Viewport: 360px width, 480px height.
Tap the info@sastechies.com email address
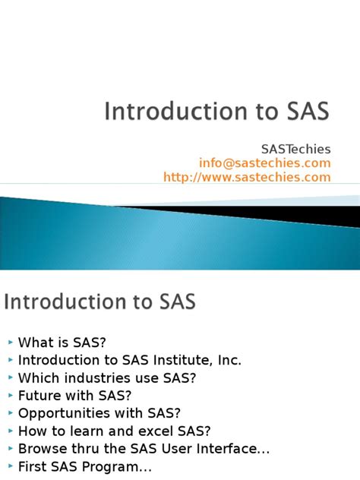click(265, 163)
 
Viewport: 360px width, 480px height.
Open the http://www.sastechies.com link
click(247, 177)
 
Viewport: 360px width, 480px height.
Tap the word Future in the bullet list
click(37, 396)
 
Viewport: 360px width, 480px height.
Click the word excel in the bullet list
click(149, 431)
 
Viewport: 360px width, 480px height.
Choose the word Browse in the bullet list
click(39, 448)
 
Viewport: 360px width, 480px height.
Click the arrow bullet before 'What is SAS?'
click(9, 343)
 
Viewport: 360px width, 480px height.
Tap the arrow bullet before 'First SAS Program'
click(9, 466)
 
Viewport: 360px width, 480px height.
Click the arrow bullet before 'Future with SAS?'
click(9, 396)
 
